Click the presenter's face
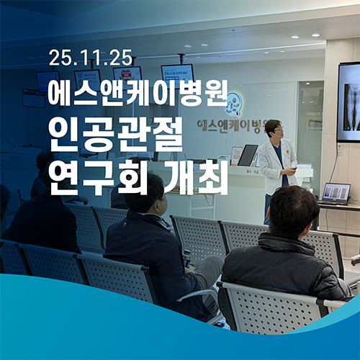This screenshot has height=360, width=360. click(x=274, y=130)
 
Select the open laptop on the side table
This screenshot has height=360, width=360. click(x=336, y=194)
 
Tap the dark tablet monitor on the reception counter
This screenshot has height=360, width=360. click(x=247, y=155)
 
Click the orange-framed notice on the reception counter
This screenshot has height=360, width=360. click(x=236, y=155)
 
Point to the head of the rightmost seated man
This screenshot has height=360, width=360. click(x=294, y=211)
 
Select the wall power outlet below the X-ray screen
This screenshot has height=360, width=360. click(x=339, y=150)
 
